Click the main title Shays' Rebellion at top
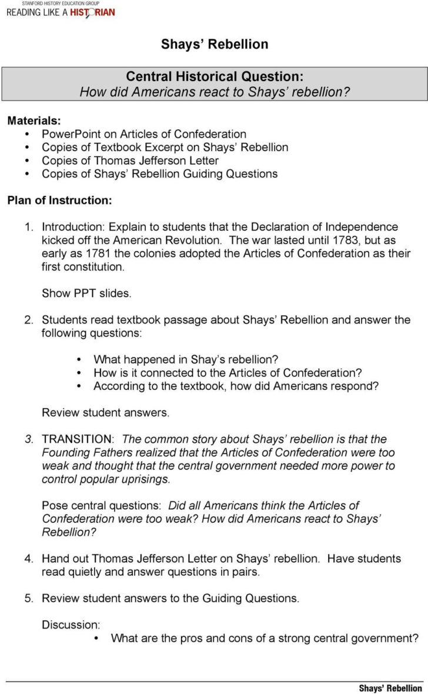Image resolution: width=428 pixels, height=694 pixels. [x=215, y=44]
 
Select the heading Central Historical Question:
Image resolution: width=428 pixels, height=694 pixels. [x=215, y=76]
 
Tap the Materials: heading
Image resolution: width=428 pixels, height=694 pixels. [x=34, y=121]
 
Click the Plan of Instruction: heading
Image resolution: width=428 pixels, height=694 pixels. [x=59, y=200]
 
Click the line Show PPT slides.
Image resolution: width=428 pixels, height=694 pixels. [x=86, y=293]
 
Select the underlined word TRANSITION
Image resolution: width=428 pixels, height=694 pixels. [x=77, y=439]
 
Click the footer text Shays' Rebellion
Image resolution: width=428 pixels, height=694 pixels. [x=390, y=688]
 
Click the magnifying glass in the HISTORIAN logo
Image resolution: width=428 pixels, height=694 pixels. [x=89, y=13]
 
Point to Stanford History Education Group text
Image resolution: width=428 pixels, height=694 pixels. [x=56, y=3]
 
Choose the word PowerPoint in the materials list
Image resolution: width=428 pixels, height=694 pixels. [x=69, y=134]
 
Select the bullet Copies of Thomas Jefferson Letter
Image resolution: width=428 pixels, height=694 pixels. [x=130, y=161]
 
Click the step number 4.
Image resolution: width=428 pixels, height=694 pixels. [x=28, y=559]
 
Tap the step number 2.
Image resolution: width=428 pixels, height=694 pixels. [x=28, y=320]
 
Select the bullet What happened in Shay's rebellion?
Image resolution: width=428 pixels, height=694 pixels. [x=186, y=359]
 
